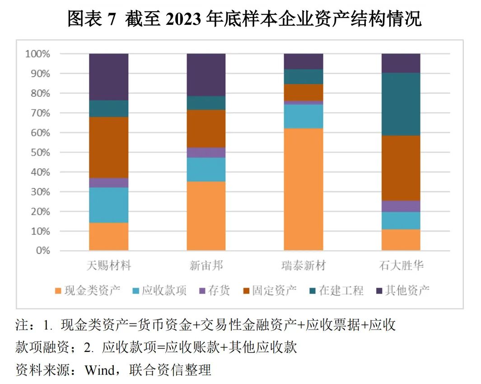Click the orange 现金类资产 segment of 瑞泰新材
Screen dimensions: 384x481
pyautogui.click(x=303, y=190)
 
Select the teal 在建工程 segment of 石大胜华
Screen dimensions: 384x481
pyautogui.click(x=401, y=104)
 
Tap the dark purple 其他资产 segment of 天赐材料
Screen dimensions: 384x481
pyautogui.click(x=108, y=76)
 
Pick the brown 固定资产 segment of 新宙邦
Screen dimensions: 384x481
pyautogui.click(x=206, y=128)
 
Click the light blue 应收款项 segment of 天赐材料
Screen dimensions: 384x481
pyautogui.click(x=108, y=205)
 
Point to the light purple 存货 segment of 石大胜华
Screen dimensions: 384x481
pyautogui.click(x=401, y=206)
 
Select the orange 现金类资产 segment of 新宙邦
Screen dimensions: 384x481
pyautogui.click(x=206, y=216)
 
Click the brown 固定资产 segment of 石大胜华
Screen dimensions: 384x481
pyautogui.click(x=401, y=168)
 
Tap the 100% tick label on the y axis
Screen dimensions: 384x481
pyautogui.click(x=38, y=54)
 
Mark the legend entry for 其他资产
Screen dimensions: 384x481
pyautogui.click(x=402, y=290)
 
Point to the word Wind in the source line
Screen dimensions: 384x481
pyautogui.click(x=100, y=370)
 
